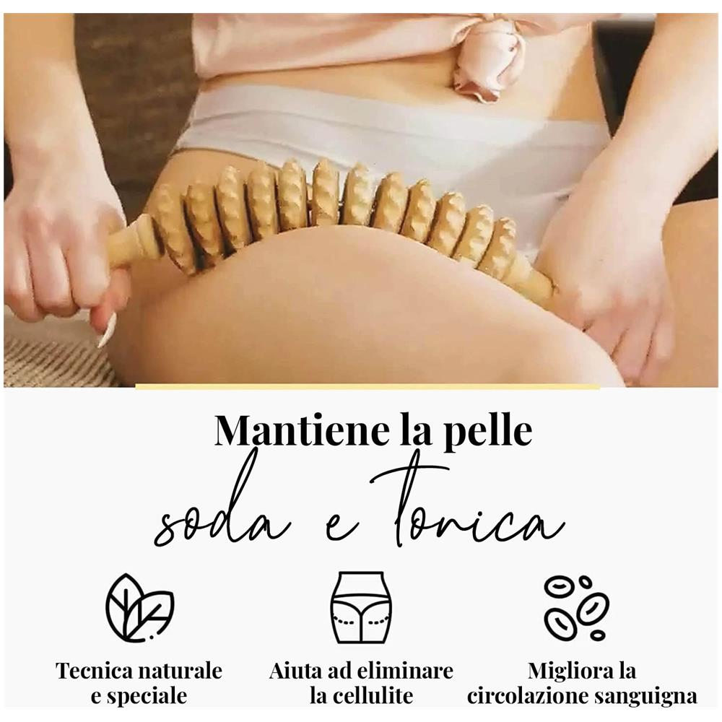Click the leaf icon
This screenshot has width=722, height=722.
(139, 607)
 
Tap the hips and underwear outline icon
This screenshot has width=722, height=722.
(361, 607)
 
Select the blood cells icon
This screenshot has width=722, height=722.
(577, 607)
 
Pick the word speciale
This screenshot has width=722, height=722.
(147, 696)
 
